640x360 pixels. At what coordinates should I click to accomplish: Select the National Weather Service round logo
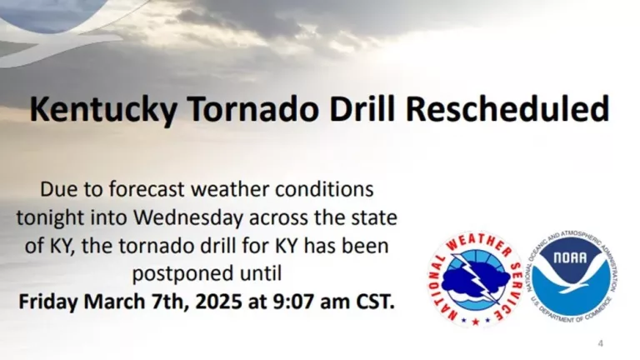pyautogui.click(x=474, y=279)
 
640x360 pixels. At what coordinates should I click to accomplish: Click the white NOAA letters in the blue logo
pyautogui.click(x=572, y=258)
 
